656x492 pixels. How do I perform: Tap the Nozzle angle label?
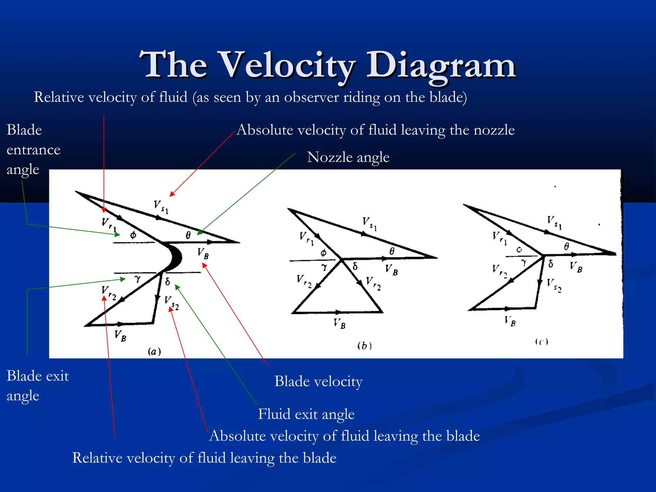[x=348, y=157]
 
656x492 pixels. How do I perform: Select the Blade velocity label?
[x=318, y=381]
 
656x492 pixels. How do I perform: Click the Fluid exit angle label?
[x=306, y=414]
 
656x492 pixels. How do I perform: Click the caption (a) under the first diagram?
[x=154, y=352]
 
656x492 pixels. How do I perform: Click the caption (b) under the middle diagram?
[x=364, y=346]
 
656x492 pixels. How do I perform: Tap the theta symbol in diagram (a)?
[x=188, y=235]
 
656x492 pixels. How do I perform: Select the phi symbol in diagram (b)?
[x=324, y=253]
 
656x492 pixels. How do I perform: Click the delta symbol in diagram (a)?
[x=167, y=282]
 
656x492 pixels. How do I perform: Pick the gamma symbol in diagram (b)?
[x=324, y=267]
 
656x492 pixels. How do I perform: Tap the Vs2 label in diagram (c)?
[x=554, y=285]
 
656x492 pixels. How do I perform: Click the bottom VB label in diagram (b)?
[x=340, y=323]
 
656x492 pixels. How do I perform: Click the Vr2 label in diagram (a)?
[x=109, y=292]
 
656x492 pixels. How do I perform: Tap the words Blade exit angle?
[x=37, y=386]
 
